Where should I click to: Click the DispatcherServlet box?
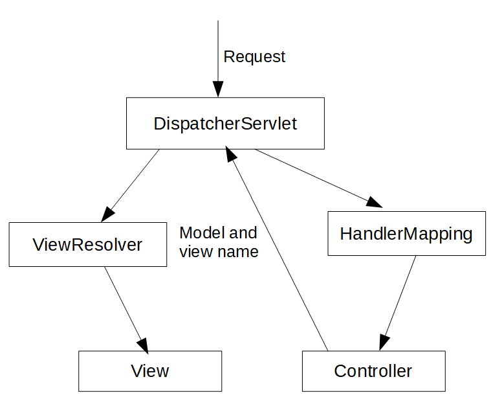tap(225, 123)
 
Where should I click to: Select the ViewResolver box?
tap(87, 244)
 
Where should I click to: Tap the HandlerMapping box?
tap(406, 233)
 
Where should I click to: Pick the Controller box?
tap(373, 371)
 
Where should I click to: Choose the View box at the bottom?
tap(150, 371)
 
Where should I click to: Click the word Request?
tap(254, 57)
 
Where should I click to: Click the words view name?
tap(219, 251)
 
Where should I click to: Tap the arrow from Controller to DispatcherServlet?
tap(278, 253)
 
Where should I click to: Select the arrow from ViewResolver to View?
tap(126, 308)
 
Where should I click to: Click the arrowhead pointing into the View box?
tap(144, 345)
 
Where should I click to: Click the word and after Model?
tap(243, 233)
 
